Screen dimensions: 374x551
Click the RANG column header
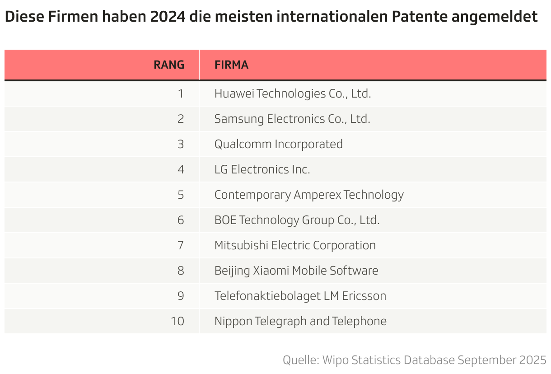coord(169,65)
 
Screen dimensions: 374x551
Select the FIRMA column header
coord(231,65)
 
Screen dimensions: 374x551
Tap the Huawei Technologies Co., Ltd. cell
coord(292,93)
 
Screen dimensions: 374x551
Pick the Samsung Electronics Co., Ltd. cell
coord(292,119)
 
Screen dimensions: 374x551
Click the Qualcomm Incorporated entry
coord(278,144)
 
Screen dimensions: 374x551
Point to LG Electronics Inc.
coord(262,169)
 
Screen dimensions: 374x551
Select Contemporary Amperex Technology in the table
coord(309,195)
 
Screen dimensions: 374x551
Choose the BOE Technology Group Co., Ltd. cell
coord(297,220)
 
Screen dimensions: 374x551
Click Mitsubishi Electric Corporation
coord(295,245)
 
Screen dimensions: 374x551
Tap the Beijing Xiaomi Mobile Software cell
coord(296,271)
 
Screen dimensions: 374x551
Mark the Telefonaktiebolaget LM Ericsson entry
coord(300,296)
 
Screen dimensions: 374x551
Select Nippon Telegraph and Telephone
coord(300,321)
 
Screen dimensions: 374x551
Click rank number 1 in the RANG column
coord(181,93)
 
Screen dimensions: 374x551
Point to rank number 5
coord(181,195)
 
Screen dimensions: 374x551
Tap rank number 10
coord(177,321)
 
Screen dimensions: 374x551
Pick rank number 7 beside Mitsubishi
coord(181,245)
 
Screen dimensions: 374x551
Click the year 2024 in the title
coord(164,17)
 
